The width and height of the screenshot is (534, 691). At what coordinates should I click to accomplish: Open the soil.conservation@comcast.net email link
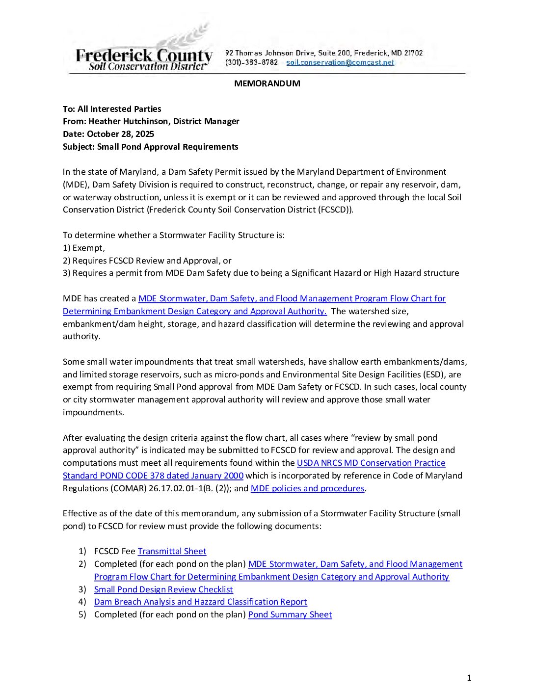[340, 63]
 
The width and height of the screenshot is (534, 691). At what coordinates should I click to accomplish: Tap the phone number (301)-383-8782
[251, 63]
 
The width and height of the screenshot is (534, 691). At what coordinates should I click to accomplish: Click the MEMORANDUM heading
[267, 83]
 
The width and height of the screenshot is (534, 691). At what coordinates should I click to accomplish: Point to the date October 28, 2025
[120, 134]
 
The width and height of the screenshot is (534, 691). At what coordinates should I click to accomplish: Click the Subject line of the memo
[150, 147]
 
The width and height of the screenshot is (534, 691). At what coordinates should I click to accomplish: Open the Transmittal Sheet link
[172, 551]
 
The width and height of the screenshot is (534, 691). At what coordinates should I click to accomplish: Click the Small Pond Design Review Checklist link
[163, 589]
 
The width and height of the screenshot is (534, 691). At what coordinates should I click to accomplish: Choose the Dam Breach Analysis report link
[200, 602]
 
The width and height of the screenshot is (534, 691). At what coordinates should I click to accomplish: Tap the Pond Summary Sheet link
[290, 614]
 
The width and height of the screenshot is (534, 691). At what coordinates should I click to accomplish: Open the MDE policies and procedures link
[307, 488]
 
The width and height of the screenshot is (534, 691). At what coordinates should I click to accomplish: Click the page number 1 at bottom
[469, 678]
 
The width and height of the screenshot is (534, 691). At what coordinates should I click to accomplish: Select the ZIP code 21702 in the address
[413, 53]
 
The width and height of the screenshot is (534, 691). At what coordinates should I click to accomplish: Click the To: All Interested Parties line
[112, 109]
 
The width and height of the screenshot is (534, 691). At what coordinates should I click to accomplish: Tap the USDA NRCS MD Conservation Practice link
[371, 463]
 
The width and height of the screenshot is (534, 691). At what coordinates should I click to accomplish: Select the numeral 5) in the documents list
[82, 614]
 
